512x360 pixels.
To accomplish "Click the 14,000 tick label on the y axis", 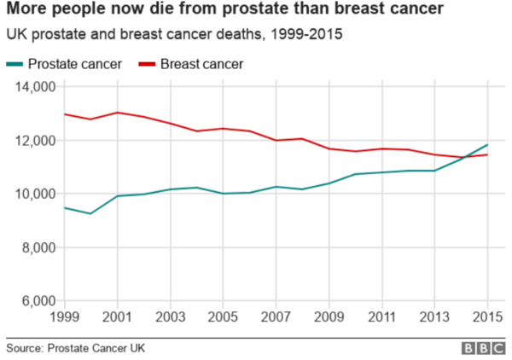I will [x=37, y=87].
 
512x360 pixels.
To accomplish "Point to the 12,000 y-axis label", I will [x=37, y=141].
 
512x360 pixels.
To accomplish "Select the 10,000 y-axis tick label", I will [x=37, y=195].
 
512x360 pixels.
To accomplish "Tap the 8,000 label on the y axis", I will [x=39, y=248].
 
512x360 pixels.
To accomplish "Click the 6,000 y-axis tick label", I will [x=39, y=302].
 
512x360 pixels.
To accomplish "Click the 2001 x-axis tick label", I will [x=118, y=317].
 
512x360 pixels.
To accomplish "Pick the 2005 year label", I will [x=224, y=317].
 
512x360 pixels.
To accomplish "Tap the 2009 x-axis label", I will [x=329, y=317].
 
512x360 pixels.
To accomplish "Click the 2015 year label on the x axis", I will [x=486, y=317].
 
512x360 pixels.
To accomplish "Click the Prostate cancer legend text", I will [x=74, y=64].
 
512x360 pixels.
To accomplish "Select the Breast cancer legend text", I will [x=202, y=64].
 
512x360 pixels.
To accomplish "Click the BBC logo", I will [x=483, y=348].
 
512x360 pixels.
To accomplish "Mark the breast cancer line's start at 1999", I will [x=64, y=114].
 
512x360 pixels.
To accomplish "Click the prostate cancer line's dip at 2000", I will [x=90, y=213].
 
